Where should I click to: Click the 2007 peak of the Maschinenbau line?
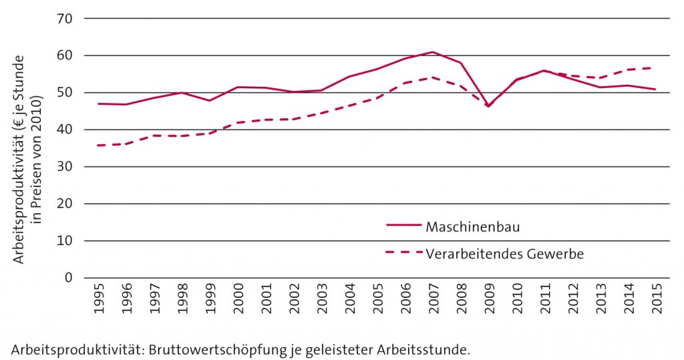(432, 52)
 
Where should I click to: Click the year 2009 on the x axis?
(488, 301)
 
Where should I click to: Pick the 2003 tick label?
(321, 301)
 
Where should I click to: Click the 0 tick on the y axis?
(69, 278)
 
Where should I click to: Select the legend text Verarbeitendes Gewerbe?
(504, 254)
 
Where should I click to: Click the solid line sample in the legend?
(403, 225)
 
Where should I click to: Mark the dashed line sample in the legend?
(403, 252)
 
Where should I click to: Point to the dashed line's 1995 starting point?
(98, 146)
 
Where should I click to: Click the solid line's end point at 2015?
(656, 89)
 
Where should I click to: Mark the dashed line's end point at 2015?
(656, 67)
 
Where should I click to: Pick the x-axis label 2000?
(237, 301)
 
